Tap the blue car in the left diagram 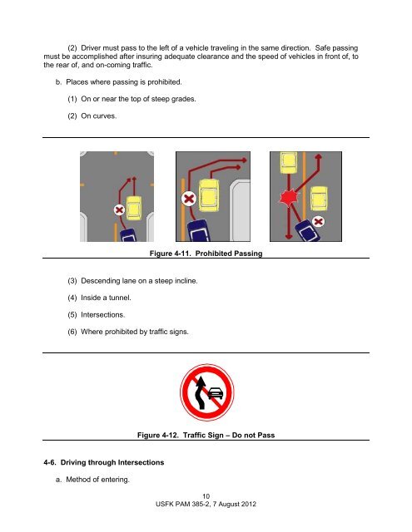coord(124,229)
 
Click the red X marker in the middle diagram coord(191,199)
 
